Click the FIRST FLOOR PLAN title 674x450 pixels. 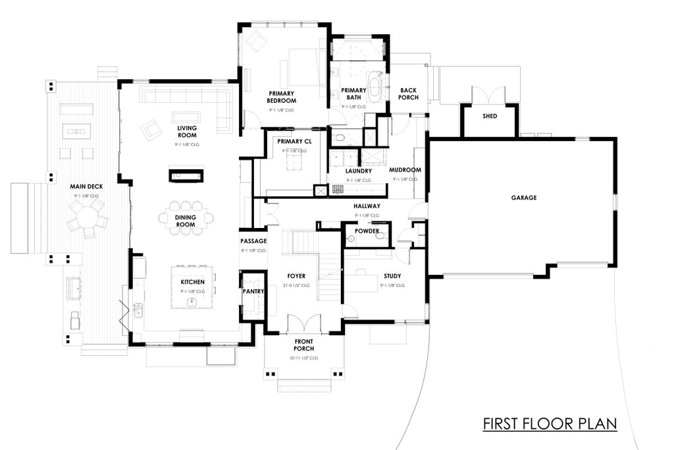click(549, 423)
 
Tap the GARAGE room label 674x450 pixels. click(524, 197)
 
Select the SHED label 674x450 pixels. click(489, 117)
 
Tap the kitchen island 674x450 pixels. click(193, 287)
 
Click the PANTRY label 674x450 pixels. click(253, 291)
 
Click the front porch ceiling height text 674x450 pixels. click(303, 358)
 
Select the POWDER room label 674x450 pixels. click(367, 231)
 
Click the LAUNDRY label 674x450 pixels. click(359, 171)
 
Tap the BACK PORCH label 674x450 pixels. click(409, 94)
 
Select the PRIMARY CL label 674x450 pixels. click(294, 142)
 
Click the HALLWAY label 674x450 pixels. click(367, 206)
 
